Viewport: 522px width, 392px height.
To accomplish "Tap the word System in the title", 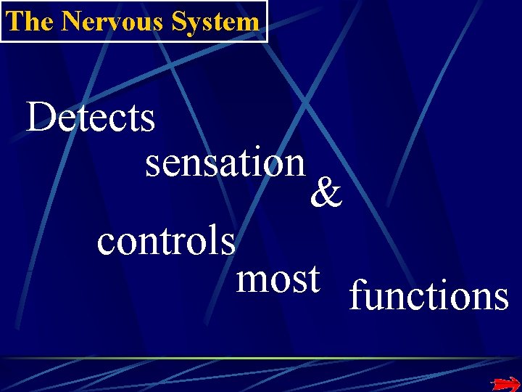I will coord(216,21).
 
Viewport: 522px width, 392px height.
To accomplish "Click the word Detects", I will coord(91,118).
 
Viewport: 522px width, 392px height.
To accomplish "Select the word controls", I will coord(166,241).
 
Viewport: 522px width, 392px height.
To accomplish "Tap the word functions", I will coord(428,296).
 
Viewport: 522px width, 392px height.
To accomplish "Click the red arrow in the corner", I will coord(505,383).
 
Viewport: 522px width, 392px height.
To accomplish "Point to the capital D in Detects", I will coord(41,118).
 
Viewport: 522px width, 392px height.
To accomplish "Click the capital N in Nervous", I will coord(71,21).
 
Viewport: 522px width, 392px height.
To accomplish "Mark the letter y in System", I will coord(196,24).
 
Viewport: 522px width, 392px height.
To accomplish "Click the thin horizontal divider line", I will coord(261,358).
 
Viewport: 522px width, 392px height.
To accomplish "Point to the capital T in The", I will coord(13,21).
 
